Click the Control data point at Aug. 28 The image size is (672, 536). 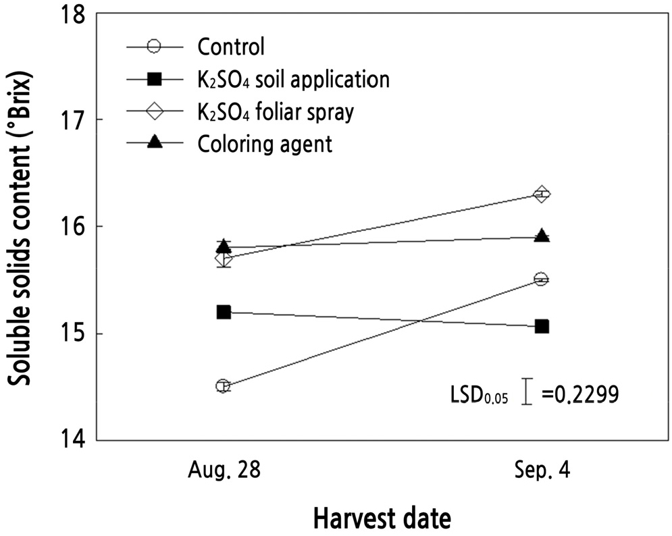[224, 386]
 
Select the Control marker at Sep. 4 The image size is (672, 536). [541, 279]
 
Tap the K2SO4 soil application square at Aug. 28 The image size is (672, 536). [224, 312]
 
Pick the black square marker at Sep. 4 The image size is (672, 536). [541, 326]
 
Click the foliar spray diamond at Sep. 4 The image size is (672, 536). [541, 194]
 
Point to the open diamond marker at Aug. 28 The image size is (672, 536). [224, 259]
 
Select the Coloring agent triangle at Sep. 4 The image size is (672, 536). [541, 236]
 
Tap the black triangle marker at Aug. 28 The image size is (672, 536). [224, 246]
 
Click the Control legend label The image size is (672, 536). [231, 47]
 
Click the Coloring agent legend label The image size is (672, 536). [265, 144]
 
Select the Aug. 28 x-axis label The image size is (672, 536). [224, 471]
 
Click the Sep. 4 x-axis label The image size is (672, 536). [541, 471]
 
